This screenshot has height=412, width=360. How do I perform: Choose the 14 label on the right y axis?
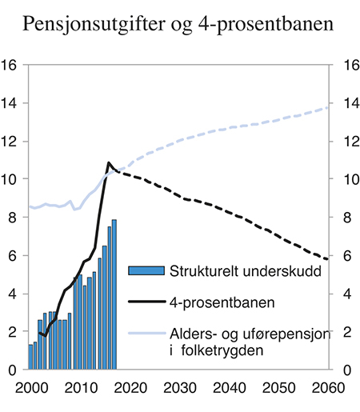[350, 104]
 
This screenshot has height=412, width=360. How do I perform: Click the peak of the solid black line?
[109, 163]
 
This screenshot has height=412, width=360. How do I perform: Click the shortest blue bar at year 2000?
[30, 357]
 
